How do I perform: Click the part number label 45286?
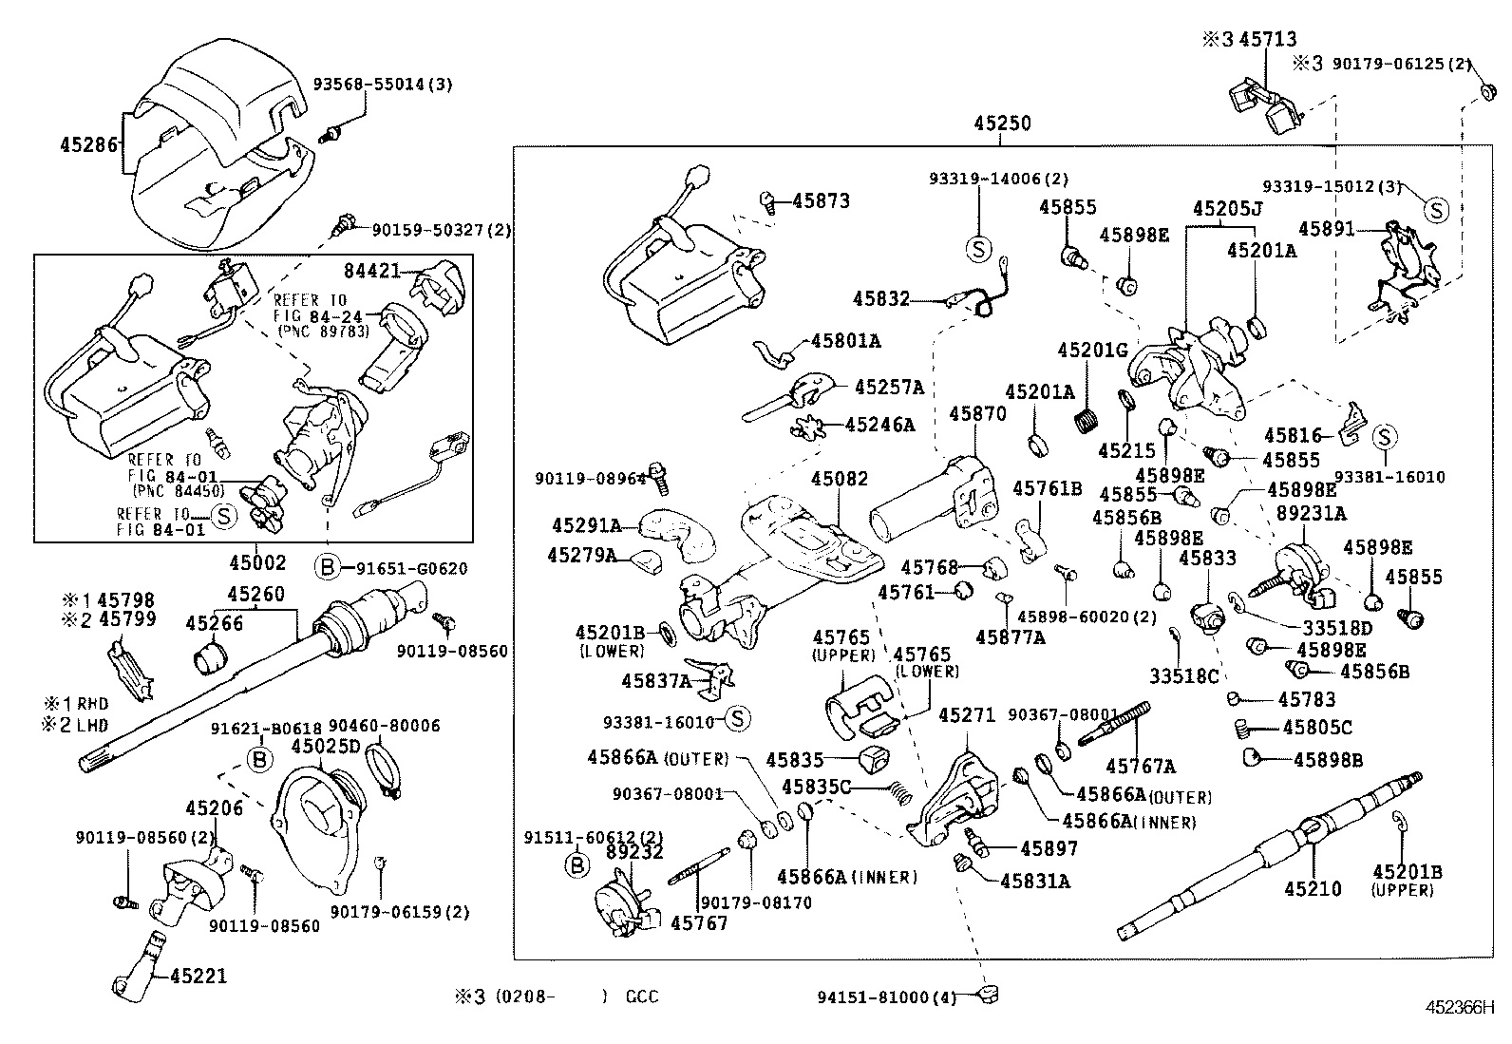click(88, 145)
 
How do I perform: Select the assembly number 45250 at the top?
click(1001, 123)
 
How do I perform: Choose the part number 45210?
click(1313, 889)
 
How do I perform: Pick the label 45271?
click(967, 714)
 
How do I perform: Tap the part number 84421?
click(371, 272)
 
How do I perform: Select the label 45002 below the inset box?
click(257, 562)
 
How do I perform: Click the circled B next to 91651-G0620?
click(326, 568)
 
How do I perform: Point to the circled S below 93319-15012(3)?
click(1435, 210)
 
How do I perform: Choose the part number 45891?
click(1327, 229)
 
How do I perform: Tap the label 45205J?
click(1227, 208)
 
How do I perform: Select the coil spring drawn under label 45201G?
click(1085, 415)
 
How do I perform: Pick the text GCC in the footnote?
click(641, 997)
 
